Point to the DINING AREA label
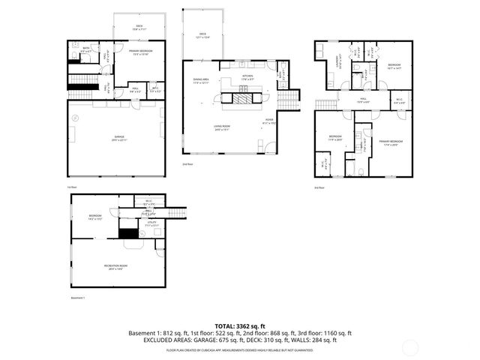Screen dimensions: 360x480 point(200,81)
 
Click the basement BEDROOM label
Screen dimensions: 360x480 point(94,218)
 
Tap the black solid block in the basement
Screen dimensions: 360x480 point(129,233)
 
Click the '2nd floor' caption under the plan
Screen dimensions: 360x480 point(187,163)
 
